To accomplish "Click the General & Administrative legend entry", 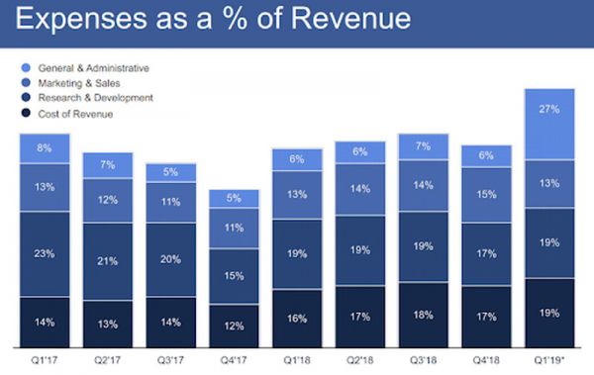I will [x=93, y=67].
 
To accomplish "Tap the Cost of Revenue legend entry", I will [x=75, y=115].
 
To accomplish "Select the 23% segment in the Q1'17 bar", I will [x=45, y=253].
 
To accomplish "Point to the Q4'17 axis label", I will [x=235, y=360].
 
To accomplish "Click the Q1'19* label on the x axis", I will [x=551, y=360].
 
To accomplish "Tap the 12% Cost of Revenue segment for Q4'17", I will [x=234, y=326].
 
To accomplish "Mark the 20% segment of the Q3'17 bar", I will [x=170, y=259].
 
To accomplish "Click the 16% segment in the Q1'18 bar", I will [x=297, y=319].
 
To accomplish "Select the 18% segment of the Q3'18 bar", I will [x=423, y=316].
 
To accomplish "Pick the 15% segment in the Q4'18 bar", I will [x=487, y=195].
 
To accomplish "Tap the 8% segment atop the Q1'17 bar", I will [x=45, y=147].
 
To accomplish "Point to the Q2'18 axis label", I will [x=360, y=360].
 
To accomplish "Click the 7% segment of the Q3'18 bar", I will [x=423, y=145].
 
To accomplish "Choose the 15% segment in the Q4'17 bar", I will [x=234, y=276].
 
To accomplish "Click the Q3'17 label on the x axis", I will [x=171, y=360].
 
